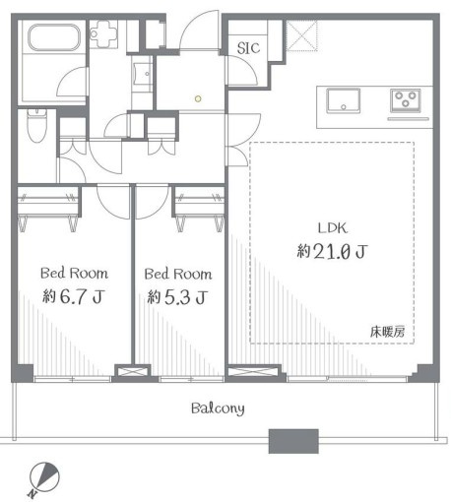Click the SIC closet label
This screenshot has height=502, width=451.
(x=248, y=47)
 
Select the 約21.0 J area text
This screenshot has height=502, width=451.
(x=331, y=252)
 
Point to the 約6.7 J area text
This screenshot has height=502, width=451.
(x=73, y=296)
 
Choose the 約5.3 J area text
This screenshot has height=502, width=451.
(x=176, y=296)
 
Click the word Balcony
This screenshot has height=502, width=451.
(x=218, y=408)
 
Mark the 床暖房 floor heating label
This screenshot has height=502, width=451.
(x=387, y=331)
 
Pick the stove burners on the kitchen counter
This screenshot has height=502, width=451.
(x=407, y=99)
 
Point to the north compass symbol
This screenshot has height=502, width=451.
(x=43, y=476)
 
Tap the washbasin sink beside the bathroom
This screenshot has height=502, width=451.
(x=142, y=75)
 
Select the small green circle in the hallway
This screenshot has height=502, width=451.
(x=197, y=97)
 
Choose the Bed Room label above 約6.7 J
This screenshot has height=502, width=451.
(x=73, y=273)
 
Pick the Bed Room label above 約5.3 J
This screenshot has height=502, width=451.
(x=176, y=273)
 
